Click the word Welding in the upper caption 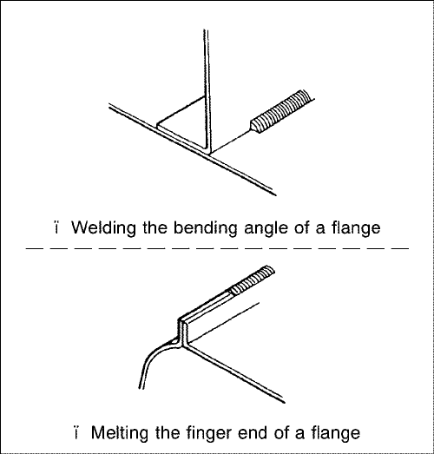point(103,229)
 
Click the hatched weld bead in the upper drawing point(283,111)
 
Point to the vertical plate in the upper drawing point(207,91)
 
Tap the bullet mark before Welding point(56,228)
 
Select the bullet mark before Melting point(76,433)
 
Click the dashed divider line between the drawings point(217,248)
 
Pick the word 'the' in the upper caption point(155,228)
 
